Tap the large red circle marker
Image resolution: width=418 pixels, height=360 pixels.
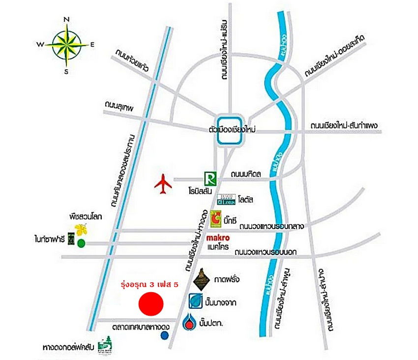pos(150,303)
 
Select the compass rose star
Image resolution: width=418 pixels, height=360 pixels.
pos(66,44)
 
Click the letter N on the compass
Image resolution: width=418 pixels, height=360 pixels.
pos(66,20)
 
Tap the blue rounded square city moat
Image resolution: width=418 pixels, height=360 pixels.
pos(230,132)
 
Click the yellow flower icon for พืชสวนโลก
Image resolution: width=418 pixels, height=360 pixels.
pos(81,229)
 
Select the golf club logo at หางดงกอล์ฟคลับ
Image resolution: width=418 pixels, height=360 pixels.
pos(105,345)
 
